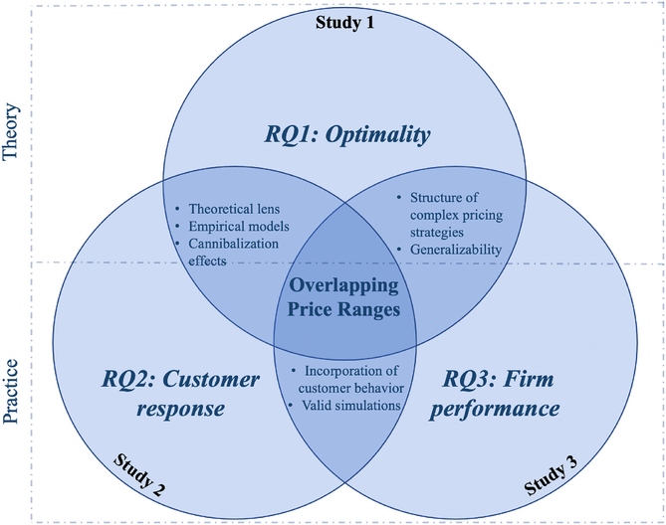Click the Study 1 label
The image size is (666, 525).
click(344, 22)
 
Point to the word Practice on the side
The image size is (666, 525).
click(11, 391)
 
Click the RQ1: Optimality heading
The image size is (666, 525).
click(347, 135)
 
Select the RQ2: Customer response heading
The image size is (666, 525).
click(180, 394)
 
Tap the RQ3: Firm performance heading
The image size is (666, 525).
click(495, 394)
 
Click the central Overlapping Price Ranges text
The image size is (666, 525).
click(343, 297)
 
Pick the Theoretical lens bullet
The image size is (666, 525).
click(228, 209)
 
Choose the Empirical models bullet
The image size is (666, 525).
click(232, 226)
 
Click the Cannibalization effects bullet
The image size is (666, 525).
click(227, 252)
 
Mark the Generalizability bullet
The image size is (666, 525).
click(449, 250)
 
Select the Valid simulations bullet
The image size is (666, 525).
click(344, 406)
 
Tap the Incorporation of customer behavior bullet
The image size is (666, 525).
click(347, 380)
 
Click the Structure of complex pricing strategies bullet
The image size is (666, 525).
click(449, 215)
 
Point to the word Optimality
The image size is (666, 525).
click(378, 135)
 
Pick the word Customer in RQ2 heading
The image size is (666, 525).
click(211, 379)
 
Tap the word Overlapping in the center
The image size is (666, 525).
click(344, 285)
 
